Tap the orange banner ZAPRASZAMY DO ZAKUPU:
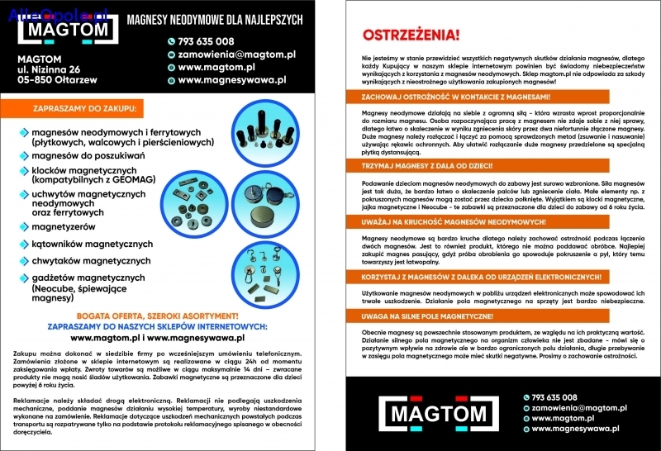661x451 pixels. [86, 108]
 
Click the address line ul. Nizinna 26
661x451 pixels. [49, 69]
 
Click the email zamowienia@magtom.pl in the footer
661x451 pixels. [567, 407]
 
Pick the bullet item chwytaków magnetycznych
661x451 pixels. [90, 260]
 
